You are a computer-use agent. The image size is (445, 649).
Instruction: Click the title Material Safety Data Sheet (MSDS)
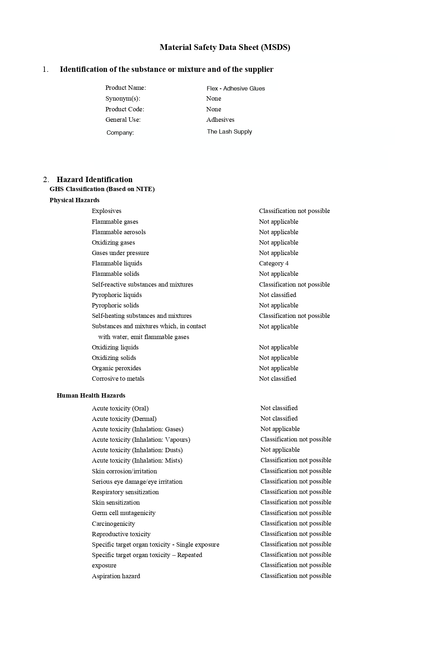click(x=225, y=47)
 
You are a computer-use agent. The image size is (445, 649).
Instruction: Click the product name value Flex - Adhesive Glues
click(x=235, y=88)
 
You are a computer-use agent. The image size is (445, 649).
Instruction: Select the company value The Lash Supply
click(x=229, y=131)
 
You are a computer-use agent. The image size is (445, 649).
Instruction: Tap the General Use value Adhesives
click(x=220, y=120)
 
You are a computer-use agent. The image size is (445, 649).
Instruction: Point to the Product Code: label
click(x=125, y=109)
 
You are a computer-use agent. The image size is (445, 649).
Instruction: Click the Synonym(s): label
click(x=123, y=98)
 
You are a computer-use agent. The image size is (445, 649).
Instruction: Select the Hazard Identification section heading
click(x=94, y=180)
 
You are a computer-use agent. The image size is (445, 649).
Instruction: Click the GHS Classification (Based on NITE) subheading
click(x=102, y=189)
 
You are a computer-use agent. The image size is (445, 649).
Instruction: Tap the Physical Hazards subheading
click(x=74, y=200)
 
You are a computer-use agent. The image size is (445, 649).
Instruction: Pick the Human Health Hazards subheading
click(x=91, y=395)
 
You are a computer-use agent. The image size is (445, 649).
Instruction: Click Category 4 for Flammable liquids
click(x=273, y=263)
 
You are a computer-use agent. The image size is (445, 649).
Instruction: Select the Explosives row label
click(x=106, y=211)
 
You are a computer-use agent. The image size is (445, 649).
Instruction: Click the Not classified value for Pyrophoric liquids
click(x=277, y=295)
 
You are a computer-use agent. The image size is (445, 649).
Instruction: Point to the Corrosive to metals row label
click(x=118, y=379)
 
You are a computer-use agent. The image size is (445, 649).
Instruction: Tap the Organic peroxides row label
click(x=116, y=368)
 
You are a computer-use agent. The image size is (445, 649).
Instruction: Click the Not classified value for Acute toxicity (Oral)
click(x=279, y=408)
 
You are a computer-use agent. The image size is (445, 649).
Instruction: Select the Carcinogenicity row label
click(x=113, y=524)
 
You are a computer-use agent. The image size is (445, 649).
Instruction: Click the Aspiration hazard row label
click(x=116, y=576)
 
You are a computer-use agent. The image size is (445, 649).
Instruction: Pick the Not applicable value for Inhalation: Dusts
click(x=280, y=450)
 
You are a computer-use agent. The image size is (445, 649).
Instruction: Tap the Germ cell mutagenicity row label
click(x=123, y=513)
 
